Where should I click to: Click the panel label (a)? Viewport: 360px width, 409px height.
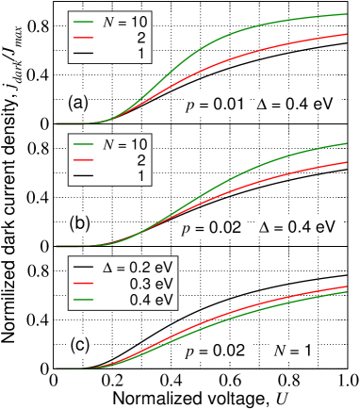point(76,102)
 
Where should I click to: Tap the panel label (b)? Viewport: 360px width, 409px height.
point(80,223)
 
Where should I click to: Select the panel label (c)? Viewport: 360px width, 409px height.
point(80,346)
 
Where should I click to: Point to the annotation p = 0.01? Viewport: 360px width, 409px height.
point(215,105)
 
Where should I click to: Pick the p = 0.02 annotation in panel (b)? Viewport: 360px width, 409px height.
point(212,228)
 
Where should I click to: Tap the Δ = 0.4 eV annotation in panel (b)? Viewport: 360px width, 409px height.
point(300,227)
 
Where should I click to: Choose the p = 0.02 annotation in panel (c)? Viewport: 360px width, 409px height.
point(217,351)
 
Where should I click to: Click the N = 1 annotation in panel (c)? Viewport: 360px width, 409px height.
point(294,351)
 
